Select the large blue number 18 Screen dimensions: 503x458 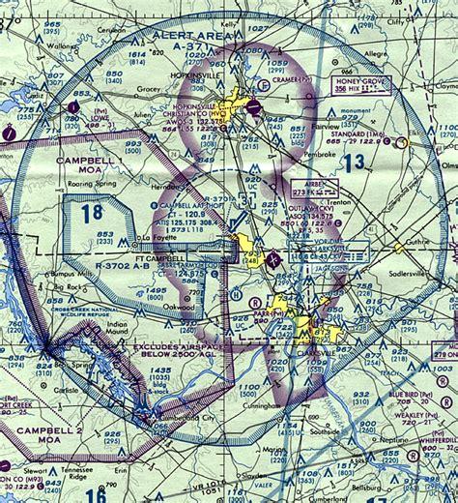[92, 213]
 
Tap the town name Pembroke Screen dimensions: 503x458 [290, 152]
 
